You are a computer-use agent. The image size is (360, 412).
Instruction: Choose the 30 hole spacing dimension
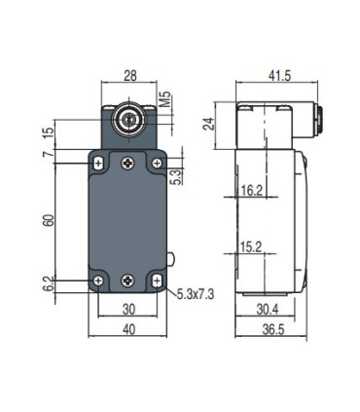coord(128,311)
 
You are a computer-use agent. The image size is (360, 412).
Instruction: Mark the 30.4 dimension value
coord(264,311)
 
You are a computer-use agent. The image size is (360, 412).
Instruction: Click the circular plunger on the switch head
coord(126,123)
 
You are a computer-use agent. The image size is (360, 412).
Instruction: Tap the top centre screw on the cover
coord(128,164)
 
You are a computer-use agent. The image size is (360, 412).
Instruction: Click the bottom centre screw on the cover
coord(128,281)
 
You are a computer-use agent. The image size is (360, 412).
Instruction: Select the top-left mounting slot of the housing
coord(99,163)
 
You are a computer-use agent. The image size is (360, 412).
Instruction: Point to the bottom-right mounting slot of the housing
coord(158,281)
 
